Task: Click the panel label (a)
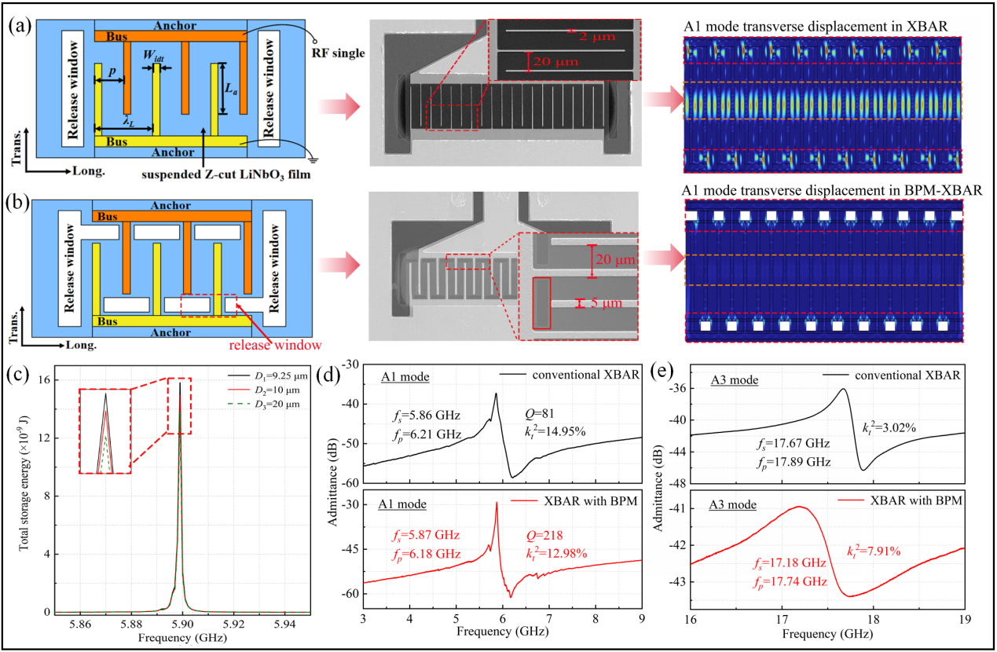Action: [18, 24]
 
